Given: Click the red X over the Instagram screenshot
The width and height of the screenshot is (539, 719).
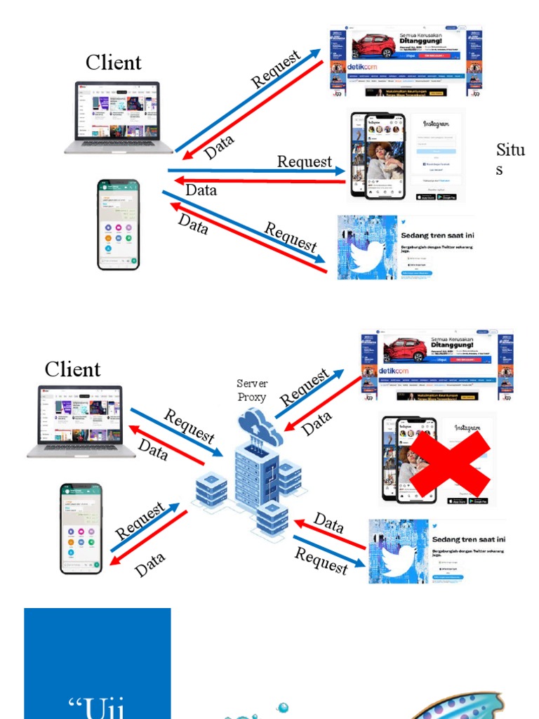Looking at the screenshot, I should (x=450, y=463).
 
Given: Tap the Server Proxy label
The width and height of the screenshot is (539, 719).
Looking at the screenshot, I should (x=251, y=390).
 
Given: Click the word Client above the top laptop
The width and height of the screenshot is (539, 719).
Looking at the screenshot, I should (x=114, y=62).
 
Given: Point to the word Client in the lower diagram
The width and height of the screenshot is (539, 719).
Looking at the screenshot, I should (x=73, y=369).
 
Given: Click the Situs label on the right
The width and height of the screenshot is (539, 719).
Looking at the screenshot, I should (x=510, y=159).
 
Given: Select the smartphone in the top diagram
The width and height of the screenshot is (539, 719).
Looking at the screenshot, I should (x=118, y=224).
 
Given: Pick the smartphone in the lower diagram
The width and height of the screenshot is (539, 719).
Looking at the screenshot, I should (x=81, y=528).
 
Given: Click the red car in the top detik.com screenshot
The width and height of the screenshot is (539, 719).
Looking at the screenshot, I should (x=374, y=46).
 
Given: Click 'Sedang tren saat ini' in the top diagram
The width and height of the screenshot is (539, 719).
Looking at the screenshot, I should (x=437, y=235).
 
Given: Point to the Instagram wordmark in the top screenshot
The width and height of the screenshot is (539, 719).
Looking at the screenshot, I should (x=436, y=124).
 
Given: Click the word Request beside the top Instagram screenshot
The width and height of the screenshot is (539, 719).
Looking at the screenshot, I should (x=304, y=161).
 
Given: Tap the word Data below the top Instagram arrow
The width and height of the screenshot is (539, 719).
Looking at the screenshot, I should (x=201, y=190).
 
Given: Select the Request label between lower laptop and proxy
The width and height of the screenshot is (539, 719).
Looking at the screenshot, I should (x=189, y=426).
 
